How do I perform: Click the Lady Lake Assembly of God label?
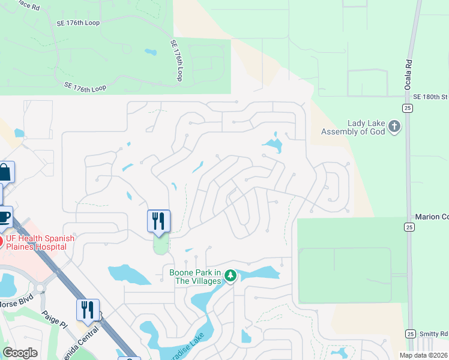click(352, 127)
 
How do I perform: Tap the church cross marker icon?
click(394, 127)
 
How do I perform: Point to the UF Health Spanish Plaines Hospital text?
click(40, 242)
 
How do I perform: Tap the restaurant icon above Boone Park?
click(159, 221)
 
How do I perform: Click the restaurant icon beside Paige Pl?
click(88, 310)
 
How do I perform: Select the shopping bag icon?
click(4, 173)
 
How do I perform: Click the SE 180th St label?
click(430, 97)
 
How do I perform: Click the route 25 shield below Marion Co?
click(409, 226)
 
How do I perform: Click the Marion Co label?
click(432, 216)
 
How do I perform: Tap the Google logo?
click(20, 353)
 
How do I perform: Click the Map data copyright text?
click(424, 355)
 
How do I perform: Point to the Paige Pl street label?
click(53, 319)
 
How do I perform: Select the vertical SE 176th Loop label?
click(176, 61)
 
